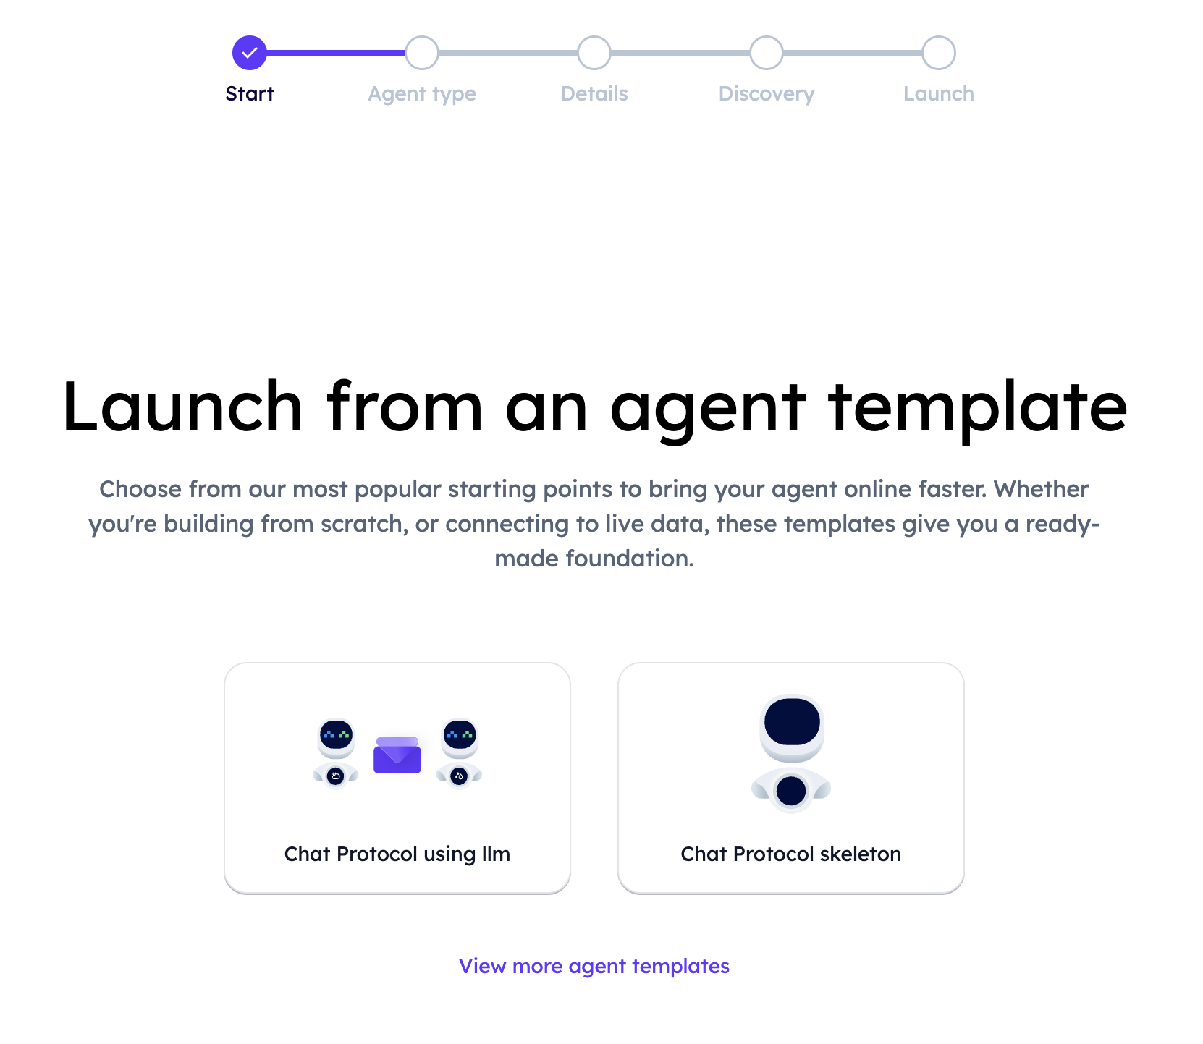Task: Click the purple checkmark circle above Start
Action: (x=250, y=53)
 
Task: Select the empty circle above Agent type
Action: (x=422, y=53)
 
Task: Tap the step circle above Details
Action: (x=594, y=53)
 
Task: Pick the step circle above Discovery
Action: (x=767, y=53)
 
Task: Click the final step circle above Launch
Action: (x=939, y=53)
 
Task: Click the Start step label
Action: (x=250, y=93)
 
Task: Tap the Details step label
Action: (x=594, y=93)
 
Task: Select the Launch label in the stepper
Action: (x=939, y=93)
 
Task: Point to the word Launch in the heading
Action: (x=182, y=407)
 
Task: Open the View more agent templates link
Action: (x=594, y=967)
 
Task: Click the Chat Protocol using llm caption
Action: (x=397, y=854)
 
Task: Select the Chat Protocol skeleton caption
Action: (x=791, y=854)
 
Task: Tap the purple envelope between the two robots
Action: (x=397, y=755)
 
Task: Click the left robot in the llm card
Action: (x=336, y=752)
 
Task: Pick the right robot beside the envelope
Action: (x=460, y=752)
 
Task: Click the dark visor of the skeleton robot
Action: (x=792, y=721)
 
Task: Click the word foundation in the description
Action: (x=630, y=559)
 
